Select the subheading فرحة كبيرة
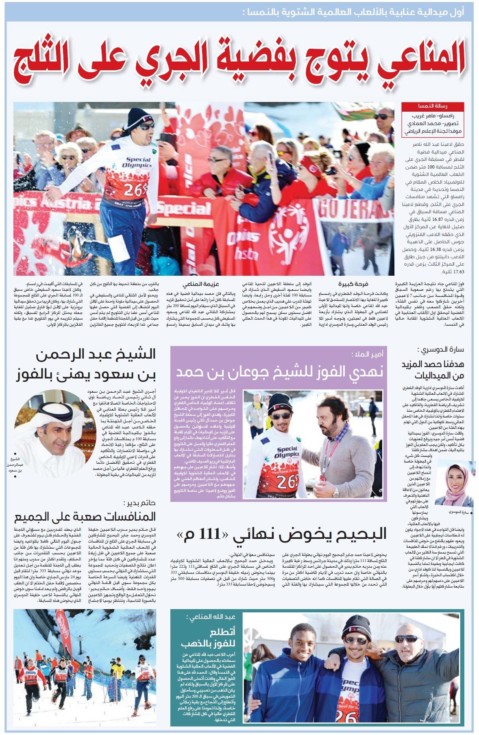tap(353, 284)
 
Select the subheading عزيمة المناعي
tap(206, 284)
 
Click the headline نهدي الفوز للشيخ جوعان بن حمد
tap(279, 372)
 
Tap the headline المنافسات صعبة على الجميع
tap(85, 517)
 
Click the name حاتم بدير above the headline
tap(140, 503)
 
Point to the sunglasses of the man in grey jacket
tap(406, 639)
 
